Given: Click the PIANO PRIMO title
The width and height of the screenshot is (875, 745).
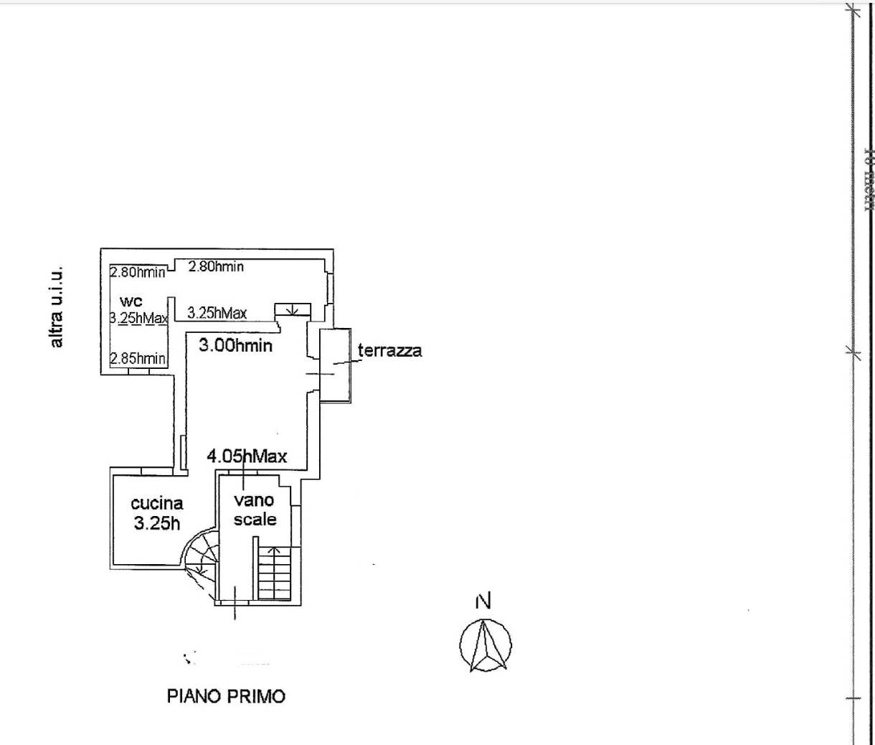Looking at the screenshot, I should (x=226, y=695).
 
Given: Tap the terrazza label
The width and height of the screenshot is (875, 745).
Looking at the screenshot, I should (x=390, y=351).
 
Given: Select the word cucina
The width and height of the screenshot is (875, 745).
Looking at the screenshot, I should (x=156, y=504).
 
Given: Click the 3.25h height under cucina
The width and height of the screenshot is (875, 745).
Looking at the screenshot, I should (x=157, y=523).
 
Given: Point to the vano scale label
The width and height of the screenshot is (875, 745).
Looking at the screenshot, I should (x=255, y=510).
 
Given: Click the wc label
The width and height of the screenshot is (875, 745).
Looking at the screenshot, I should (x=131, y=301).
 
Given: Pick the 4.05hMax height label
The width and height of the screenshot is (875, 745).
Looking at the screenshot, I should (x=247, y=456).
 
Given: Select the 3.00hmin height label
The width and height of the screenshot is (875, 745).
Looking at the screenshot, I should (x=235, y=345).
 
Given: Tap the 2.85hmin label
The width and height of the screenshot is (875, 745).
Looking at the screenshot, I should (x=138, y=358).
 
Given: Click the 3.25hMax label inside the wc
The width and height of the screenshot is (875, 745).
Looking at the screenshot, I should (x=138, y=318).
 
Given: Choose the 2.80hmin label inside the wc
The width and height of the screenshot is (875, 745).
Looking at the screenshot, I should (x=138, y=272).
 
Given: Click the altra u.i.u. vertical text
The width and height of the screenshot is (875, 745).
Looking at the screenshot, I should (x=57, y=307).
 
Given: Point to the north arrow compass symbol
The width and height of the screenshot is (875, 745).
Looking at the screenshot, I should (x=485, y=644).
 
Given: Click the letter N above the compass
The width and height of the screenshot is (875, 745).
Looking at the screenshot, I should (x=483, y=601).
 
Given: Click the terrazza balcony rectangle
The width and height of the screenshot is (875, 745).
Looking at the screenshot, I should (x=335, y=365).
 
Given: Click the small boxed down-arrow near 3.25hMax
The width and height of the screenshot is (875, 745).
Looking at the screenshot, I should (x=293, y=309).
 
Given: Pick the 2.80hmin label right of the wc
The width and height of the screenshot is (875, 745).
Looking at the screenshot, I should (x=216, y=267).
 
